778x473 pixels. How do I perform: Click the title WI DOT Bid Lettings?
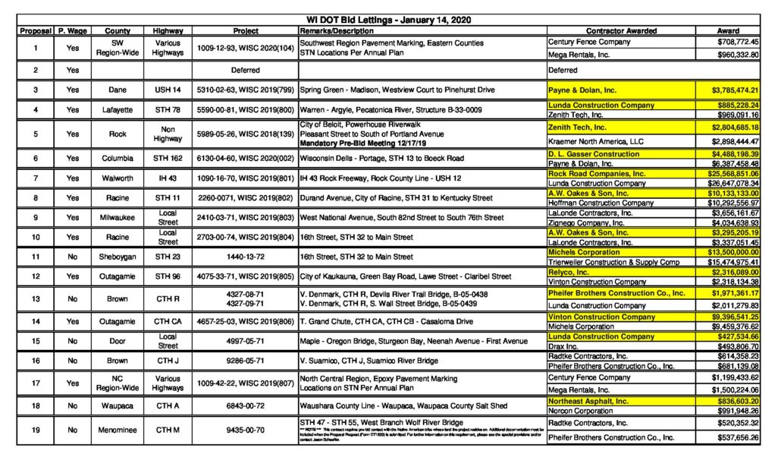click(x=388, y=19)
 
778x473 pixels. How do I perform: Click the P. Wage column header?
click(x=72, y=30)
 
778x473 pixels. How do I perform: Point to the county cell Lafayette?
click(x=117, y=109)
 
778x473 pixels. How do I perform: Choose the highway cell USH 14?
click(x=168, y=90)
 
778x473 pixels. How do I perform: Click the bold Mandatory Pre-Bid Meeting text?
click(x=353, y=143)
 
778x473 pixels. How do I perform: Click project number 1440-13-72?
click(x=246, y=257)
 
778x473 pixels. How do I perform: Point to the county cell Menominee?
click(x=117, y=430)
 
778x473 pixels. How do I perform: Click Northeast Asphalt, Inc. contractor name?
click(x=588, y=401)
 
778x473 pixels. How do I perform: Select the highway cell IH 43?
click(x=168, y=178)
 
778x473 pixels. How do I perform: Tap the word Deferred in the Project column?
click(x=246, y=70)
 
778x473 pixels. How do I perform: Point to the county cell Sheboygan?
click(x=117, y=257)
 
